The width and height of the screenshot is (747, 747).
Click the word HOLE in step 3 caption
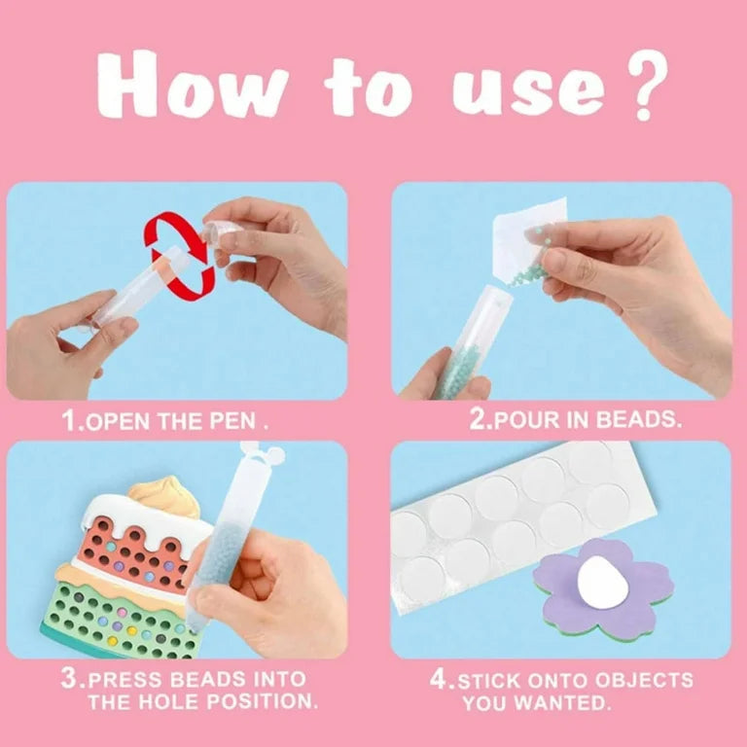(x=196, y=701)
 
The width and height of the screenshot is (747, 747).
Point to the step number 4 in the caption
(x=439, y=680)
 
